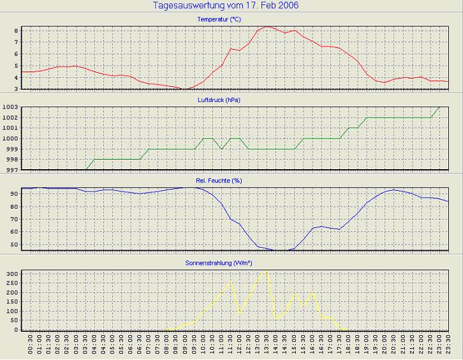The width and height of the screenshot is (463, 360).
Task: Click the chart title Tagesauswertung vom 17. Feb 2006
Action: [226, 6]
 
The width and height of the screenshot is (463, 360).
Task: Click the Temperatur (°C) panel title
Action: [219, 19]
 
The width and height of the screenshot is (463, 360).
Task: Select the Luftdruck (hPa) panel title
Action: [219, 100]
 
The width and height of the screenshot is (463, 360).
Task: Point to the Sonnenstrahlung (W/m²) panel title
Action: [219, 262]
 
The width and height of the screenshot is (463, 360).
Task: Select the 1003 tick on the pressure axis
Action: [11, 107]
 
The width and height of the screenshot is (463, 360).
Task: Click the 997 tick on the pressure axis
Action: [11, 170]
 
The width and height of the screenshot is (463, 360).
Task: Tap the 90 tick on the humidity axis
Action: [13, 193]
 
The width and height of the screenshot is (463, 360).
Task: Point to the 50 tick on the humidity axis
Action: [13, 244]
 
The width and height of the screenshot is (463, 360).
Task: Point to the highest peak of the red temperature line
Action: [267, 26]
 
